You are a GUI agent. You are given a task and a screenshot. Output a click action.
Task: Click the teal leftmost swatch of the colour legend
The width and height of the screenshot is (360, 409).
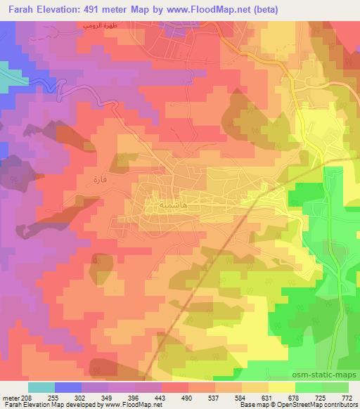pyautogui.click(x=41, y=387)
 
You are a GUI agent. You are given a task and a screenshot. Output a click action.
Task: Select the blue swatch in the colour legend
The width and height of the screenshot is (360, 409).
pyautogui.click(x=68, y=387)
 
